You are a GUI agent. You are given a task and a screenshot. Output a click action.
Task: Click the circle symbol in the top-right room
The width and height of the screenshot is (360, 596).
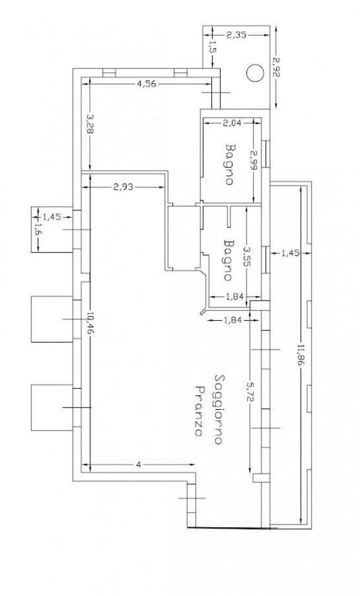(255, 73)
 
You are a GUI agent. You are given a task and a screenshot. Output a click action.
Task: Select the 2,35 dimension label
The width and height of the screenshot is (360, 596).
(237, 35)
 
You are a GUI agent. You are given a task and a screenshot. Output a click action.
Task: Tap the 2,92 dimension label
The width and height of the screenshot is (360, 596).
(276, 68)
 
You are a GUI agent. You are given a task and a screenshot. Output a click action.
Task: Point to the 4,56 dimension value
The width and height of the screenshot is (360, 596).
(146, 84)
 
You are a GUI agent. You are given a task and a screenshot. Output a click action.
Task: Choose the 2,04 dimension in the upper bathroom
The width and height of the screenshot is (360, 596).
(233, 122)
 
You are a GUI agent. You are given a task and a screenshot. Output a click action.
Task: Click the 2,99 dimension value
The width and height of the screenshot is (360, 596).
(254, 161)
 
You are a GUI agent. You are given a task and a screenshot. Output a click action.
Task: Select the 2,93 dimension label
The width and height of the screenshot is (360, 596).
(124, 187)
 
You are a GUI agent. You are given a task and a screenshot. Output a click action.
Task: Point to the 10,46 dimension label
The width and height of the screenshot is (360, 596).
(90, 323)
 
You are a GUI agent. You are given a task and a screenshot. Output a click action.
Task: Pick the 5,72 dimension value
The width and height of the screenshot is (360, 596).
(249, 394)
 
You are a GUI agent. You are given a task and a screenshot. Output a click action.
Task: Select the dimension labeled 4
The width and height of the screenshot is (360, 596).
(138, 465)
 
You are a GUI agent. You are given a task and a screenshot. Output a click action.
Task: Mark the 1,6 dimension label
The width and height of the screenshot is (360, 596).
(38, 230)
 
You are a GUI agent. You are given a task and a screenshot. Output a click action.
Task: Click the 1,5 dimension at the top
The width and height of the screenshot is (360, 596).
(212, 48)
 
